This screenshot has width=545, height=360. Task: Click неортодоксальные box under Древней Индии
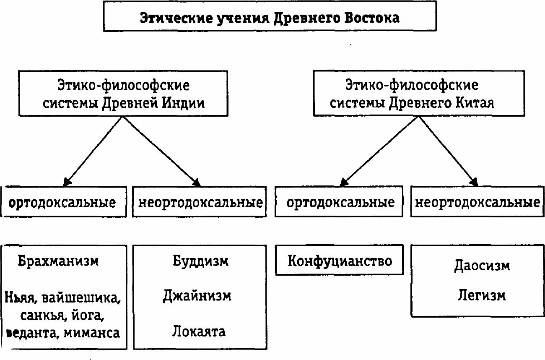[200, 203]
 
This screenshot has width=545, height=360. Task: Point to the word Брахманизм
[58, 261]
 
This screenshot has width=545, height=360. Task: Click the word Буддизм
[200, 261]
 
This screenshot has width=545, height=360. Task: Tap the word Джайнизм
[197, 296]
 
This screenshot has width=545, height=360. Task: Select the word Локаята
[199, 331]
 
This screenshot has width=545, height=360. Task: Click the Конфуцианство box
[340, 261]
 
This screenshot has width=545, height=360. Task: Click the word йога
[90, 316]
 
